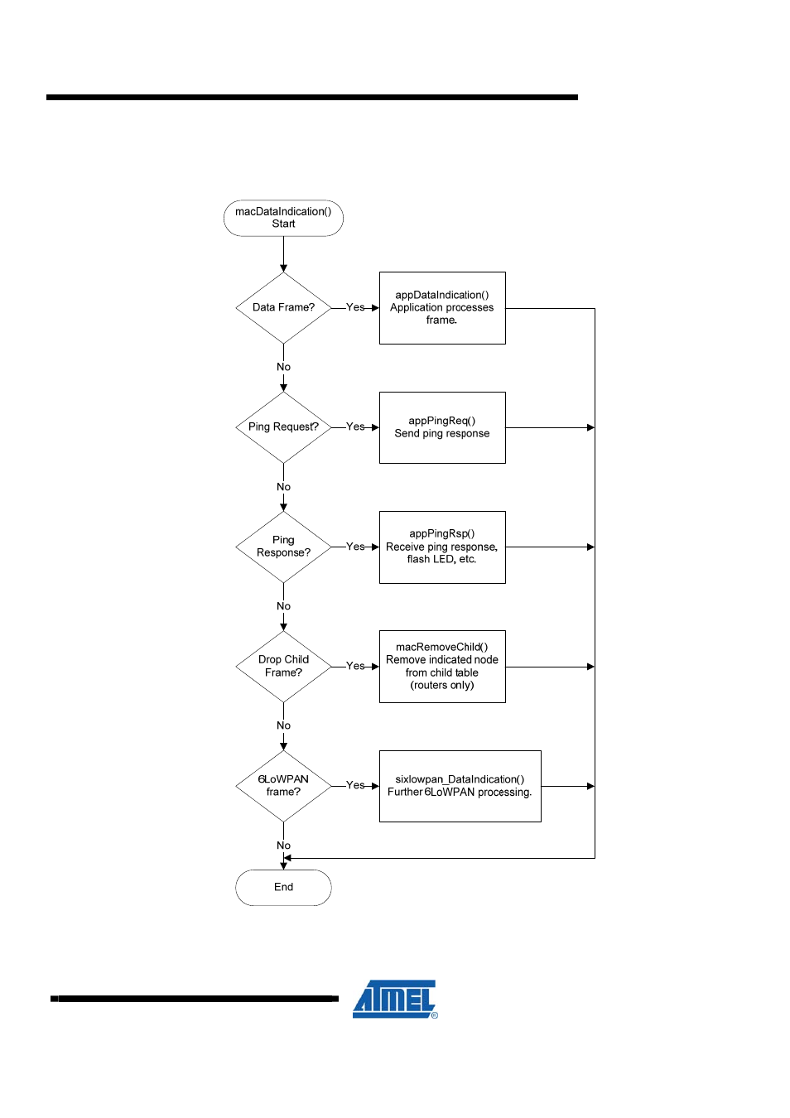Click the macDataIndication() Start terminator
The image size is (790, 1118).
point(283,218)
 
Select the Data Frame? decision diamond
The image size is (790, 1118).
point(283,308)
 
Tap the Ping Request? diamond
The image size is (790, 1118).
point(283,427)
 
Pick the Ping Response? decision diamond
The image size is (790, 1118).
point(283,547)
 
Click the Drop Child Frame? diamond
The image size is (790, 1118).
point(283,667)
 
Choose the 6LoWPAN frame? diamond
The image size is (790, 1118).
point(283,786)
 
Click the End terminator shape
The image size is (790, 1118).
point(283,888)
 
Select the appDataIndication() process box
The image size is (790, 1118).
point(442,308)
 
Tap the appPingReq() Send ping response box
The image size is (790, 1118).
point(442,427)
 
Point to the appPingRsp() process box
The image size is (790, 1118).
point(442,547)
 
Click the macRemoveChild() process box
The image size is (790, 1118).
point(442,667)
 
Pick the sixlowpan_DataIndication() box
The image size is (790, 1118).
point(460,786)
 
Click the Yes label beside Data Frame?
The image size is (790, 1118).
point(355,307)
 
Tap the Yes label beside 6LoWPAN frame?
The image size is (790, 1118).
point(355,785)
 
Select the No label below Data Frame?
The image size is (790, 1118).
point(283,367)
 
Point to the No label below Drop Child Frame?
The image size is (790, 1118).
point(283,725)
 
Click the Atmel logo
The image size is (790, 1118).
point(395,1000)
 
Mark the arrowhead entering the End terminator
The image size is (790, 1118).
point(283,866)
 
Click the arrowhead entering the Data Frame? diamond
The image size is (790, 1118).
point(283,268)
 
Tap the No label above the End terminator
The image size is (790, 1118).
point(283,846)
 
